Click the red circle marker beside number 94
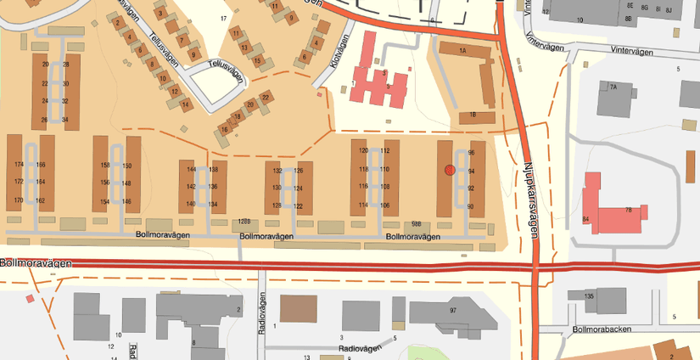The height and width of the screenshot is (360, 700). pyautogui.click(x=450, y=171)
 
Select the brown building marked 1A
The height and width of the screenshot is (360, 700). pyautogui.click(x=463, y=51)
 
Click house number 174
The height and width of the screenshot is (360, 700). pyautogui.click(x=19, y=164)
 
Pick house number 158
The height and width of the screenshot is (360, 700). pyautogui.click(x=105, y=165)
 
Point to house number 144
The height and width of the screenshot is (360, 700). pyautogui.click(x=191, y=169)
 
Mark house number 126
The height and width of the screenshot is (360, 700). pyautogui.click(x=299, y=171)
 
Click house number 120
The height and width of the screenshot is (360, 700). pyautogui.click(x=363, y=150)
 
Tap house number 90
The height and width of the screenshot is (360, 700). pyautogui.click(x=471, y=206)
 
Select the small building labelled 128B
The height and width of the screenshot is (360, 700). pyautogui.click(x=244, y=222)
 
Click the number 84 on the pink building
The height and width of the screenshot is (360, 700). pyautogui.click(x=585, y=220)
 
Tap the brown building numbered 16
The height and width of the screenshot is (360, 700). pyautogui.click(x=224, y=130)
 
